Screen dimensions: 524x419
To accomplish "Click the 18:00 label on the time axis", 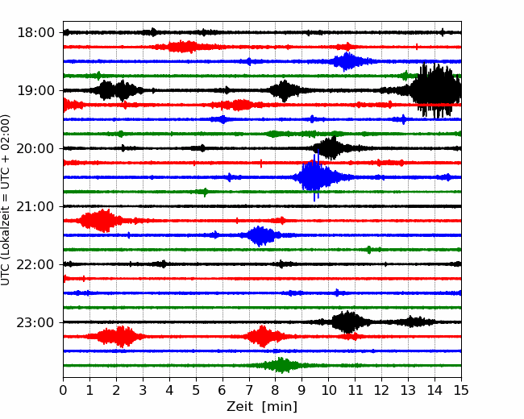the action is click(35, 33).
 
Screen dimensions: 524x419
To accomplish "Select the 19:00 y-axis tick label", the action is click(35, 90).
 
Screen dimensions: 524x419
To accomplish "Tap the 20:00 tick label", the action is click(35, 148).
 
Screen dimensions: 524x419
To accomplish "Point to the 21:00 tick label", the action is click(35, 206).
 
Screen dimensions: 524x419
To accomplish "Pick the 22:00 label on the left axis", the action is click(35, 264).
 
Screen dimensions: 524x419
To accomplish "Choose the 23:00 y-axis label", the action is click(35, 322).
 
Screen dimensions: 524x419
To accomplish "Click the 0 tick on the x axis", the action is click(63, 390).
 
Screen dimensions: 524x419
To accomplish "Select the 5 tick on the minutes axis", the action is click(196, 390).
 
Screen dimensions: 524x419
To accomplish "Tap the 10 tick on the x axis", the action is click(328, 390).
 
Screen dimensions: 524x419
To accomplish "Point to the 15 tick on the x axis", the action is click(461, 390).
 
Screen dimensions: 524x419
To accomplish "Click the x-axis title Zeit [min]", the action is click(262, 407).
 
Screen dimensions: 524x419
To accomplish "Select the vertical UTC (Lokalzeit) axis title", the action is click(6, 200).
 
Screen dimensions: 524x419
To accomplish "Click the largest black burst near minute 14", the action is click(436, 90).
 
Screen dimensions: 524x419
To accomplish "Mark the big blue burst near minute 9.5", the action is click(314, 176).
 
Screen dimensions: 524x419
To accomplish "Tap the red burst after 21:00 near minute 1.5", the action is click(100, 221).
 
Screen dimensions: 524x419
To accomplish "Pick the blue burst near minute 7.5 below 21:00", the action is click(261, 235).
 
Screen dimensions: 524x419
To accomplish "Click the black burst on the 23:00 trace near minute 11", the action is click(348, 322).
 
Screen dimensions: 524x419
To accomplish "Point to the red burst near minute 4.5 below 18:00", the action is click(182, 47).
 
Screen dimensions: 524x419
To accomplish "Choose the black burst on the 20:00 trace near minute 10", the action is click(331, 148).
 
